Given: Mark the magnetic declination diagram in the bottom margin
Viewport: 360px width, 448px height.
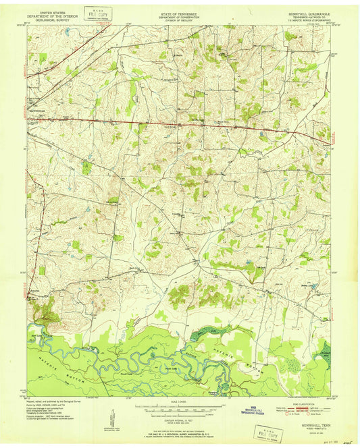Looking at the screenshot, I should pyautogui.click(x=113, y=413).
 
